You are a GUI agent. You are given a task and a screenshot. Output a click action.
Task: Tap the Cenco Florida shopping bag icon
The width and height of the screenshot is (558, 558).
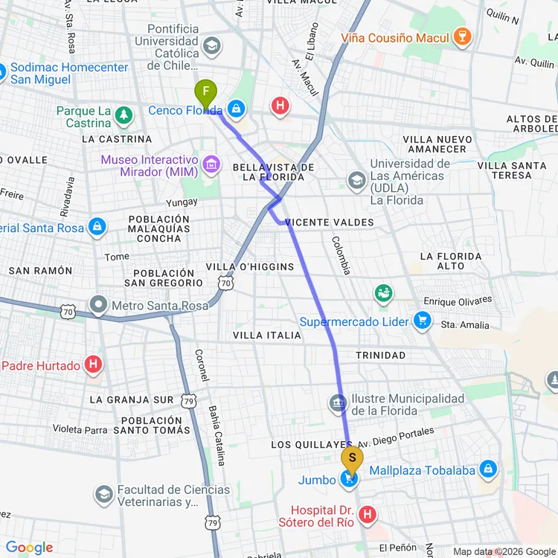(x=236, y=109)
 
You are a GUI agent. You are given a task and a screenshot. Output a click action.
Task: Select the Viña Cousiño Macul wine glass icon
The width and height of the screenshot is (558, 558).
(x=463, y=38)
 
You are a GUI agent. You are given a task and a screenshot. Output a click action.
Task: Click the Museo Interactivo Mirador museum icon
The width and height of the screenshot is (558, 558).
(x=211, y=165)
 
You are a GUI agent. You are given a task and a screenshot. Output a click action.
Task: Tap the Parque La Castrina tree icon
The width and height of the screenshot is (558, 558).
(x=124, y=114)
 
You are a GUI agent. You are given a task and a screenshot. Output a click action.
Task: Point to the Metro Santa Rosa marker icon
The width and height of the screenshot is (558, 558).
(x=97, y=305)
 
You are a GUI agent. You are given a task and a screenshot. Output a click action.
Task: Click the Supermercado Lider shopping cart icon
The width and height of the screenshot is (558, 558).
(x=423, y=321)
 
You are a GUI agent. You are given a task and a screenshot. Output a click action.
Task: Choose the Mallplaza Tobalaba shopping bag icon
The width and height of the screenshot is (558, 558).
(x=488, y=469)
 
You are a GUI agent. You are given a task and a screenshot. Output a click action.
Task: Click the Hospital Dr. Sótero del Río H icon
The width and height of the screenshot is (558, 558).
(x=367, y=513)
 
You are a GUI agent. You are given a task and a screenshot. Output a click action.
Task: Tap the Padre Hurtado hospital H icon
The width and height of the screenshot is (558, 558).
(x=93, y=365)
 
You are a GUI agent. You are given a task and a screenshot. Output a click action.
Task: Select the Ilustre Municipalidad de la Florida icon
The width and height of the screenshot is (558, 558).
(x=338, y=404)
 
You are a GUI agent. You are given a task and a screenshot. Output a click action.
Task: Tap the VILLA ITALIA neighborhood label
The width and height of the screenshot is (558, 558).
(x=267, y=336)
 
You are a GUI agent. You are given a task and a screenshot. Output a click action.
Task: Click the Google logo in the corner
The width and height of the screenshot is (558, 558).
(x=30, y=548)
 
